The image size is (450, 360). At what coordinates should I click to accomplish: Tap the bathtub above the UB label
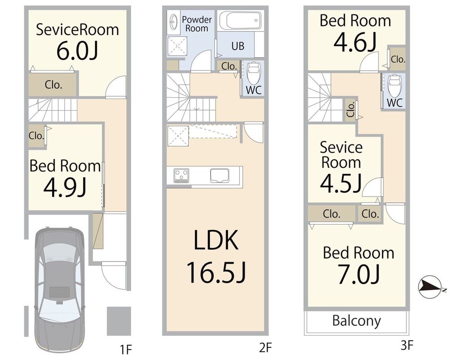(x=241, y=20)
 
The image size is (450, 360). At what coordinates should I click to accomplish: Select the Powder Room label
(x=197, y=24)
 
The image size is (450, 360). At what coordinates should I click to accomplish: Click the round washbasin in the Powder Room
(x=173, y=22)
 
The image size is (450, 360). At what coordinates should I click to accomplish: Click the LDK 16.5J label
(x=216, y=256)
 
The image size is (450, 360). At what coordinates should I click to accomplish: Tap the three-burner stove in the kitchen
(x=181, y=175)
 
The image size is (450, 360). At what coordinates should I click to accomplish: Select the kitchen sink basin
(x=219, y=175)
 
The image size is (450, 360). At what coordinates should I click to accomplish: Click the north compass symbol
(x=430, y=287)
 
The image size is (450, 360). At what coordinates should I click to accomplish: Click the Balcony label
(x=357, y=321)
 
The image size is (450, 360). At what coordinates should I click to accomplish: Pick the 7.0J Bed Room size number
(x=358, y=274)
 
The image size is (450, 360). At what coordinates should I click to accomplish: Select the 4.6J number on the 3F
(x=355, y=42)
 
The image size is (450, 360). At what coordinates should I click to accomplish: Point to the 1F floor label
(x=125, y=350)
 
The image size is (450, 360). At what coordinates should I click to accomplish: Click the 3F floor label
(x=407, y=345)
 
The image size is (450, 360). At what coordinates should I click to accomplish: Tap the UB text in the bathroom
(x=238, y=46)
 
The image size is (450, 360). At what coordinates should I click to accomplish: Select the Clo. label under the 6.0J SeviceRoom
(x=53, y=85)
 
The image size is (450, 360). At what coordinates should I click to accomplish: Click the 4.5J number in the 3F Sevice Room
(x=341, y=184)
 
